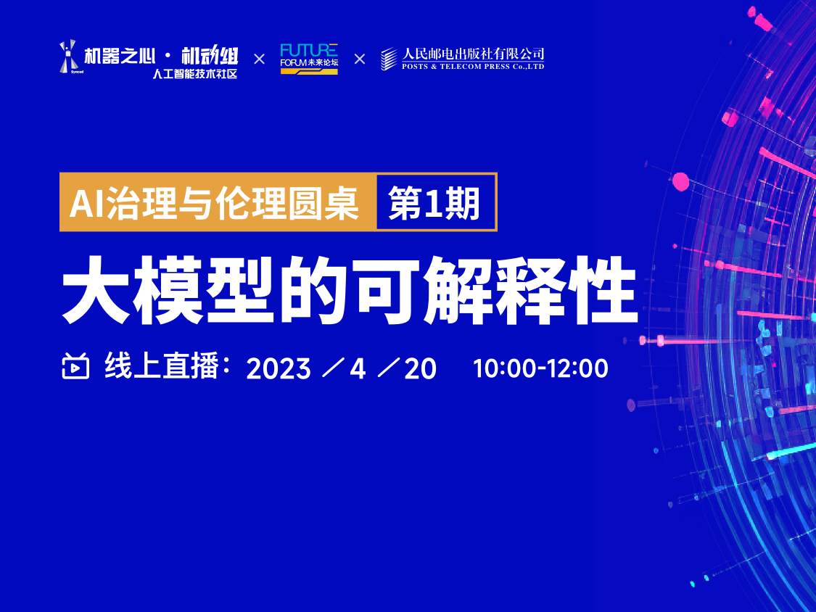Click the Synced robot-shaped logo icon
point(68,57)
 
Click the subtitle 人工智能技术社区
point(194,74)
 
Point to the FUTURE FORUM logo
point(309,58)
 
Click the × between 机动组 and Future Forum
point(259,59)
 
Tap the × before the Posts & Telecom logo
point(360,59)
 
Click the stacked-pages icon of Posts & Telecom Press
point(389,59)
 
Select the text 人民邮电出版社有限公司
point(473,54)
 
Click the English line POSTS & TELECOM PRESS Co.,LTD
point(473,67)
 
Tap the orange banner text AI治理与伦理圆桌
point(215,202)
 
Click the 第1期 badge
point(435,202)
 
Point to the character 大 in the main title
point(96,289)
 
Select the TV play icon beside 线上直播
point(75,365)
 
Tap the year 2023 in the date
point(279,368)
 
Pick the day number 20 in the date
point(421,368)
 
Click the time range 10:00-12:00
point(540,368)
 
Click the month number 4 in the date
point(358,368)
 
